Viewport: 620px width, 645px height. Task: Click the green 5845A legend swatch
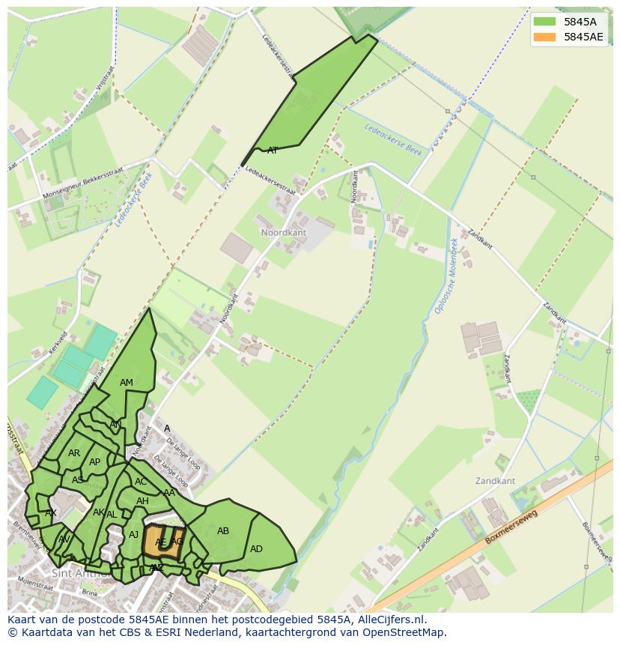point(544,22)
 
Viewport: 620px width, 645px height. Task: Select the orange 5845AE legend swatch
point(544,37)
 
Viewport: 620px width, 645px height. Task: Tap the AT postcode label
point(273,151)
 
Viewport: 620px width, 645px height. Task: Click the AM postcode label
point(127,383)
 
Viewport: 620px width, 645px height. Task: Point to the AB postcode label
point(223,531)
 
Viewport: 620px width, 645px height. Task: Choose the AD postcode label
point(256,549)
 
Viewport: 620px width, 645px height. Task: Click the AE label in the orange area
point(161,542)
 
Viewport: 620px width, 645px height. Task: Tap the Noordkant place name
point(284,233)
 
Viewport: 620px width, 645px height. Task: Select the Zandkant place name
point(495,480)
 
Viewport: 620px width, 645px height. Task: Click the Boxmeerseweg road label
point(512,527)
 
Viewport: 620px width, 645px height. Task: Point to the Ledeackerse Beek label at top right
point(393,139)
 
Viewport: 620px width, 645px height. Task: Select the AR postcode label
point(74,453)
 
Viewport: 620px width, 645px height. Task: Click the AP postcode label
point(94,462)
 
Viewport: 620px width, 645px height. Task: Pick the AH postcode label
point(142,501)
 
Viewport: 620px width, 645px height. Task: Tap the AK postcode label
point(98,512)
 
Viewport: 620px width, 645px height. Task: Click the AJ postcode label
point(134,534)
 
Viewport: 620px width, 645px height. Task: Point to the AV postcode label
point(64,539)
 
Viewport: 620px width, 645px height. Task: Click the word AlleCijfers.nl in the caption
point(390,620)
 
